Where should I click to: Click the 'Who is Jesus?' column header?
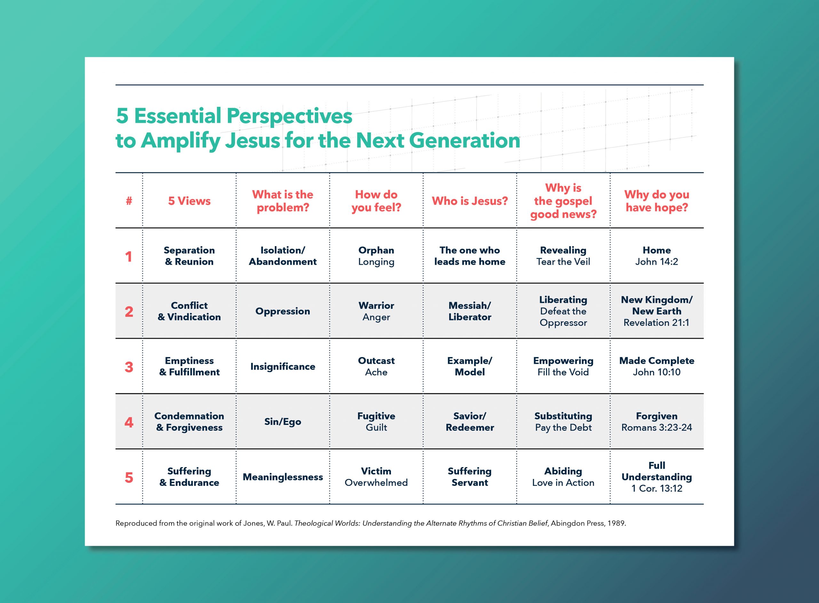point(470,201)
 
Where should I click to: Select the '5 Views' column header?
point(189,201)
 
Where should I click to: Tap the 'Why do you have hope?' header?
point(656,201)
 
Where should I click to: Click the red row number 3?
point(129,367)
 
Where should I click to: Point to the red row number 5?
point(129,477)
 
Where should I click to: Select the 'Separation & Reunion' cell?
point(189,256)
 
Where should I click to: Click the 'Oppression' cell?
point(282,311)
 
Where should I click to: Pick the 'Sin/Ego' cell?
point(282,422)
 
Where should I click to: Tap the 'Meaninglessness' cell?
point(282,477)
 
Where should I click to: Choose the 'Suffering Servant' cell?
point(470,477)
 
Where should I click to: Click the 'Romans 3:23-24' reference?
point(656,427)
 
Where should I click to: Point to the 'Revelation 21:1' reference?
point(656,323)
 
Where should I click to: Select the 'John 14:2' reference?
point(656,262)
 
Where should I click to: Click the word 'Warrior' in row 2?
point(376,306)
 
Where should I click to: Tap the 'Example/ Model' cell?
point(470,366)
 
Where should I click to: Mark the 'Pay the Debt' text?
point(563,428)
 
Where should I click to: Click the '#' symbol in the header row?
point(129,201)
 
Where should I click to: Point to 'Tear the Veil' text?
point(563,262)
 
